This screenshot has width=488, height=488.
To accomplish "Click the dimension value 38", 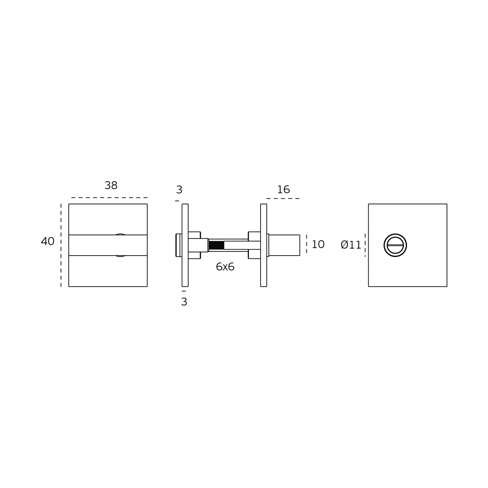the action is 111,185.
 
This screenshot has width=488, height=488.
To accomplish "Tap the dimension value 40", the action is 48,241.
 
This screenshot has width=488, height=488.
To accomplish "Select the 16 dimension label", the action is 283,190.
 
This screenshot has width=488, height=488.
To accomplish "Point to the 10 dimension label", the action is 318,245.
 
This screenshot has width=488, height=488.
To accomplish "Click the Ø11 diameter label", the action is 351,245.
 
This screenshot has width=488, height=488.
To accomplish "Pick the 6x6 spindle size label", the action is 225,267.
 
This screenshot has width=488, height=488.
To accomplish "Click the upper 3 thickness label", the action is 179,190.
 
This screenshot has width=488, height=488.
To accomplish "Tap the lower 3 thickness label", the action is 184,302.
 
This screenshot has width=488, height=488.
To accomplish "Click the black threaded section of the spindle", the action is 216,245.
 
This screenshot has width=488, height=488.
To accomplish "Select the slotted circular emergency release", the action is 395,245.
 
